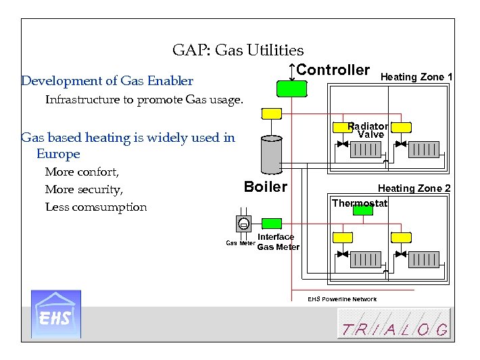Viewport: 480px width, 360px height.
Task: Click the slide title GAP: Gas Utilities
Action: (238, 50)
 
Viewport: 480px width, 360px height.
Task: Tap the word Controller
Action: (333, 70)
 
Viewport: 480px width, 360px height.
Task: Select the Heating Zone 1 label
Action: (416, 77)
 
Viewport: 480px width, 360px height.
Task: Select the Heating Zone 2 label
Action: (414, 188)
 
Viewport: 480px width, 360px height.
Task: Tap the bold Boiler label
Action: (265, 187)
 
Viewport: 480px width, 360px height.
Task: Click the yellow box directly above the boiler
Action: (272, 113)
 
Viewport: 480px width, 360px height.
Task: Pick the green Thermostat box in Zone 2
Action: (363, 210)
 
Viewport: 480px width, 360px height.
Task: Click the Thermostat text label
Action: (360, 203)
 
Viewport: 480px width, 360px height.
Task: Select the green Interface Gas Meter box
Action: (272, 224)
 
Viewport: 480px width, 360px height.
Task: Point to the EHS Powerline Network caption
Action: (342, 299)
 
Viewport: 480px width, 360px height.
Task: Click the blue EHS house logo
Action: (56, 314)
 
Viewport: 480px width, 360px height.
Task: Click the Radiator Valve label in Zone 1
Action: (368, 130)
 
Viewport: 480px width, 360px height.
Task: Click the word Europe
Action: (58, 154)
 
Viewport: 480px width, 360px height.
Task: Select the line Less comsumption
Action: (95, 207)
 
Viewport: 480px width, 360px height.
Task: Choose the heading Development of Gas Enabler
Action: (107, 81)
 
